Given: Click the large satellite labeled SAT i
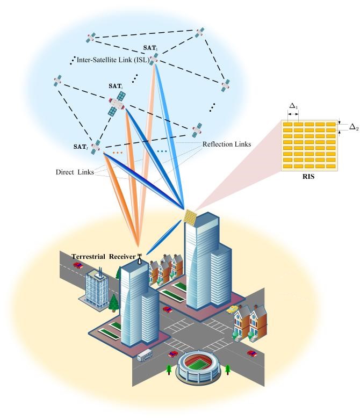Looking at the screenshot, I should (118, 103).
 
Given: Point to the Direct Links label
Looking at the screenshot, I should (75, 172).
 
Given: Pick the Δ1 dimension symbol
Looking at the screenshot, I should (293, 107).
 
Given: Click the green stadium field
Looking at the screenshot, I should (199, 366).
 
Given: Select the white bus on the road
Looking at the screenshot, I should (145, 355).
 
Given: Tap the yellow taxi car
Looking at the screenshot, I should (232, 309).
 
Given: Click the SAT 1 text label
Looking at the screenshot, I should (150, 48).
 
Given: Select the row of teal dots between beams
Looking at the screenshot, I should (162, 152).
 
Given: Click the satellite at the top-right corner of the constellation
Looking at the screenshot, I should (200, 33).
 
